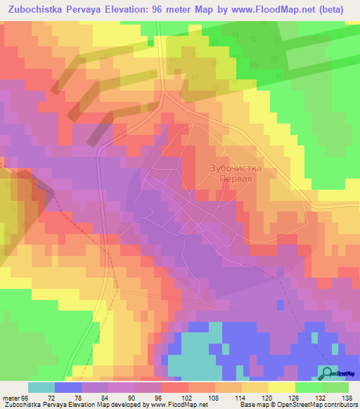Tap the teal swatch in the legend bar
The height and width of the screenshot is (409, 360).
point(41,388)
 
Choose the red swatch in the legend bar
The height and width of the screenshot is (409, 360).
point(174,388)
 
